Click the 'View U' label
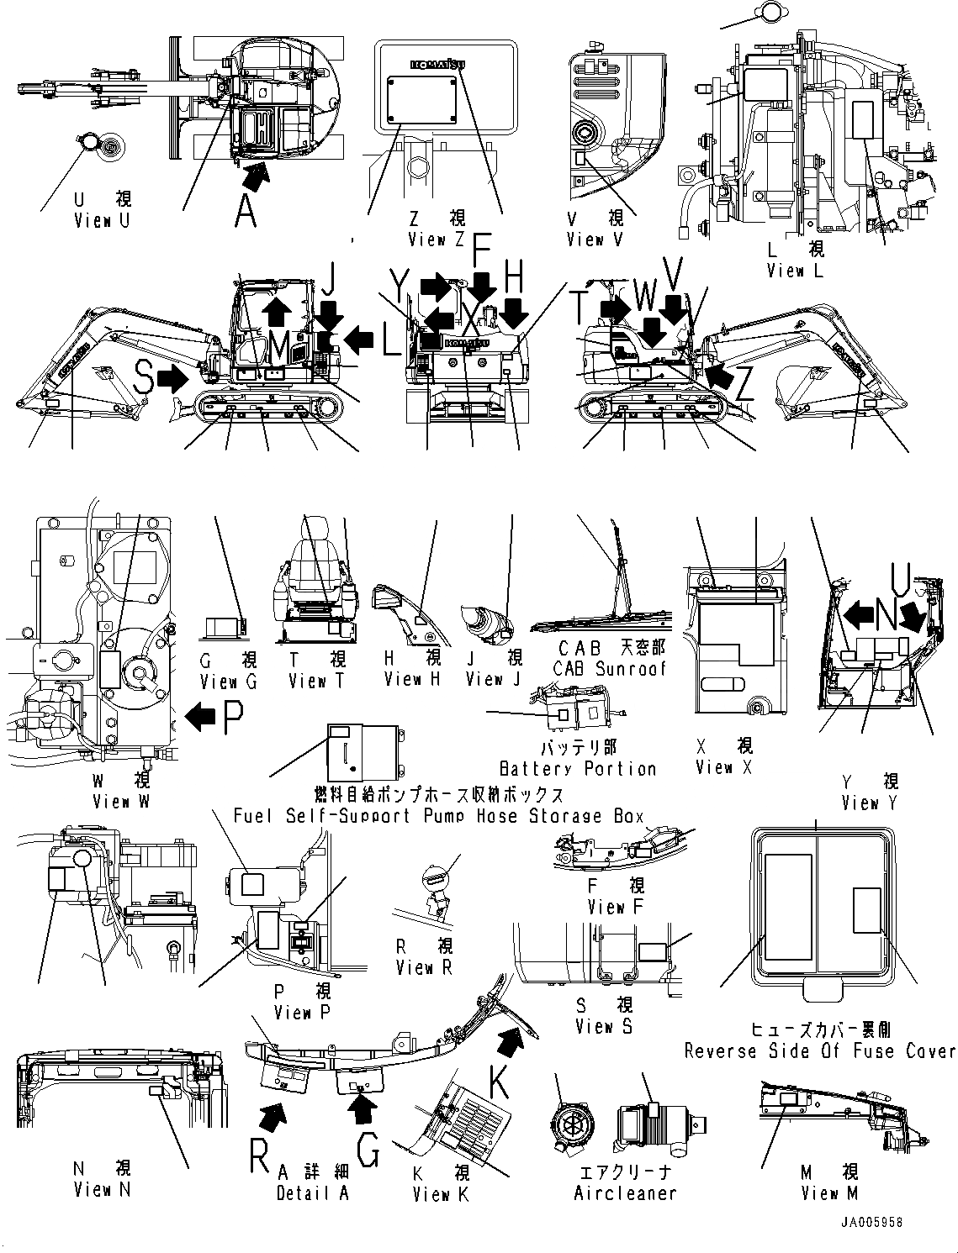103,221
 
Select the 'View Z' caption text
437,240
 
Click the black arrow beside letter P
199,717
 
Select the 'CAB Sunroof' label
609,669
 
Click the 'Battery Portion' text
577,769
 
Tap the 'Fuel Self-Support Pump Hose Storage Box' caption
438,815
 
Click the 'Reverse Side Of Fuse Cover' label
819,1051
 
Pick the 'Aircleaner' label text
625,1193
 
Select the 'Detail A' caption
312,1193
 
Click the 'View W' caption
121,802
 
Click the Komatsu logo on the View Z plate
438,65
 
